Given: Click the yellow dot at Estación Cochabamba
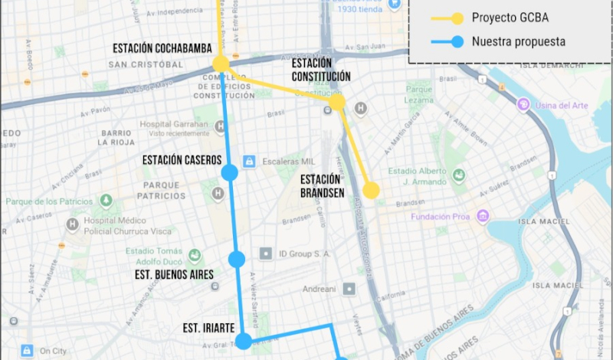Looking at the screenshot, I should coord(221,64).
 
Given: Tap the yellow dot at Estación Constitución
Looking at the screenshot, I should coord(336,102).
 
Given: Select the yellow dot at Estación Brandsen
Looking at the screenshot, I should coord(371,190).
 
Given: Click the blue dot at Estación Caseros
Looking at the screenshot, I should coord(229,173).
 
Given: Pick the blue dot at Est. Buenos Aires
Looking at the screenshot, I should coord(237,259).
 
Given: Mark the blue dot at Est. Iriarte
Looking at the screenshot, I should coord(244,340).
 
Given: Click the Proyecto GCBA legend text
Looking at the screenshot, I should coord(510,18).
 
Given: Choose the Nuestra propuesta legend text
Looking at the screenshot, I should coord(519,41).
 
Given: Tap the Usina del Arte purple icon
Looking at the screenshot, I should coord(524,104).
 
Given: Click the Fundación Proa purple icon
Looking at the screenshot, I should coord(482,217).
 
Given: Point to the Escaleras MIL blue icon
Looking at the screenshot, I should coord(248,162).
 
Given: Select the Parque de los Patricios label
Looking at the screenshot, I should coord(47,201).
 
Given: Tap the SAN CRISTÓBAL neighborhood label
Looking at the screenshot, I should coord(146,64).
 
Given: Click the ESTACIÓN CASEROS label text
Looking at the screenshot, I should coord(182,160).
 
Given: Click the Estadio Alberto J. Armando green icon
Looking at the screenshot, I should coord(459,175).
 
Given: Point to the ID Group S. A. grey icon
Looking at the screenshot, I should coord(266,253).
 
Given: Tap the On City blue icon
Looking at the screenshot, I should coord(27,350).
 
